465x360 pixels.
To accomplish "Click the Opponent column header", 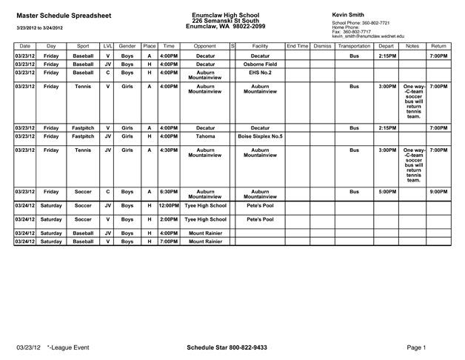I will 205,46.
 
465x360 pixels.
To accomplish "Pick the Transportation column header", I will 353,46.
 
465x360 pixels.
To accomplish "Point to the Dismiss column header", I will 322,46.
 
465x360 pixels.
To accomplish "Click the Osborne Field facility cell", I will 259,64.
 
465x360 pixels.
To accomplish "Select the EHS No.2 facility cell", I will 259,73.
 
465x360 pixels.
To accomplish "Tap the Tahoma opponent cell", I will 205,136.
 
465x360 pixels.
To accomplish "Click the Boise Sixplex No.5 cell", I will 259,136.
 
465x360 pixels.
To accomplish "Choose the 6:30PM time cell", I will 168,191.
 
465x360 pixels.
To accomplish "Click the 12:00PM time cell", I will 168,205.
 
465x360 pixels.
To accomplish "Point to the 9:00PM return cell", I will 438,191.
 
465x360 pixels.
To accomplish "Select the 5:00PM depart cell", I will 386,191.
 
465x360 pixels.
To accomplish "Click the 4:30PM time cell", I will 168,150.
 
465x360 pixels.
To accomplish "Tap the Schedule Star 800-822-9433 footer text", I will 227,347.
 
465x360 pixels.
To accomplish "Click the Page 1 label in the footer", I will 416,347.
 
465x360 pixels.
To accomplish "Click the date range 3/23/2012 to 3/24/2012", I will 44,27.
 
